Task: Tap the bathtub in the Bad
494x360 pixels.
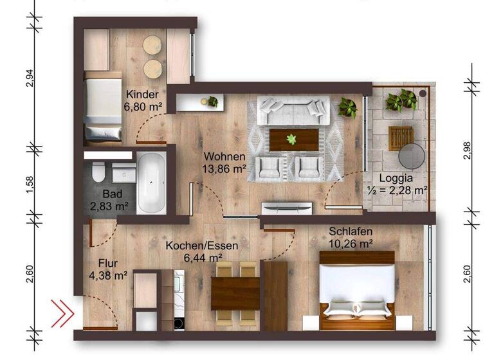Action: pyautogui.click(x=152, y=183)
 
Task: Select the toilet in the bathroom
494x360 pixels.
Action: pyautogui.click(x=98, y=173)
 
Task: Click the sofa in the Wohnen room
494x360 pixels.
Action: pyautogui.click(x=295, y=110)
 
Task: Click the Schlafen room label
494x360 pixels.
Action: pyautogui.click(x=351, y=231)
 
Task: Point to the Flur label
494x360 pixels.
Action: pyautogui.click(x=109, y=263)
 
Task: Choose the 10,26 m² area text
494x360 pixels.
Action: pyautogui.click(x=351, y=244)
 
